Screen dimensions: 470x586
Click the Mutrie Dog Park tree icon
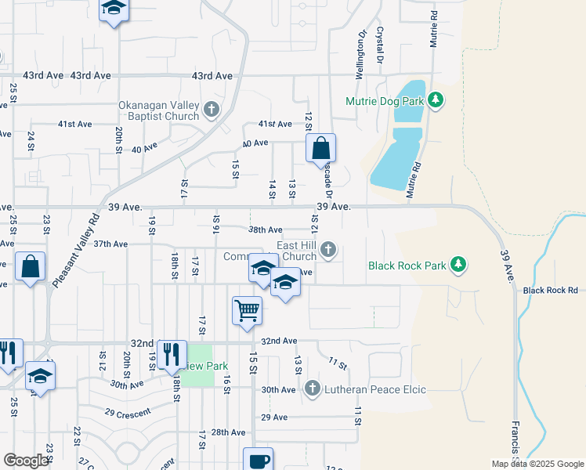437,101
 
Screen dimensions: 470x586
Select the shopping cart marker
247,310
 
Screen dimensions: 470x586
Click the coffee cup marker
258,461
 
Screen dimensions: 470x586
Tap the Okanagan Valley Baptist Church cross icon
211,110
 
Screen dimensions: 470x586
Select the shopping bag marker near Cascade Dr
320,148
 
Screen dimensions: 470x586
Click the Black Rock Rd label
550,291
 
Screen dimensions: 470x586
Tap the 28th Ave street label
228,432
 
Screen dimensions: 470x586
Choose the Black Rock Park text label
407,266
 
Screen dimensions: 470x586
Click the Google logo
26,461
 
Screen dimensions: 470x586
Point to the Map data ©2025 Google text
537,464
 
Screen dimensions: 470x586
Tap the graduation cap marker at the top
114,9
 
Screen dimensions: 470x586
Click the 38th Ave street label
266,230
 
